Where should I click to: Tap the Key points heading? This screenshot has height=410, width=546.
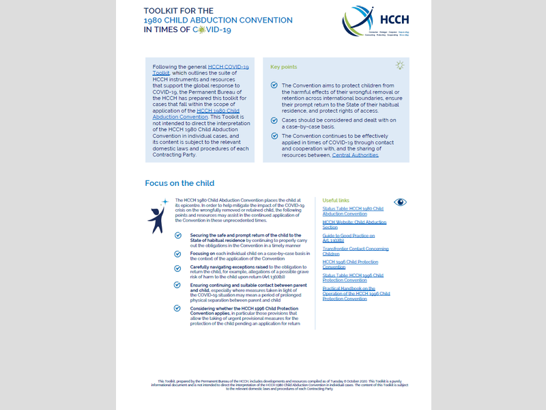[x=284, y=67]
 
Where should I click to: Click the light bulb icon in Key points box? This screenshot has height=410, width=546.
[x=400, y=66]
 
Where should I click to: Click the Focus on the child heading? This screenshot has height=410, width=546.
[x=179, y=183]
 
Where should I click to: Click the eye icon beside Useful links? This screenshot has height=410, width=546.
[x=400, y=202]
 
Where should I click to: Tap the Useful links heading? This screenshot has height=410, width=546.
[x=335, y=200]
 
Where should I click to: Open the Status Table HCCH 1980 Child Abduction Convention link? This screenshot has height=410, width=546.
[x=353, y=210]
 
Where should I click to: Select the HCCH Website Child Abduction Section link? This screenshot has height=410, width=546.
[x=354, y=225]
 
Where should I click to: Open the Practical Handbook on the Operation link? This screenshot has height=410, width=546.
[x=356, y=293]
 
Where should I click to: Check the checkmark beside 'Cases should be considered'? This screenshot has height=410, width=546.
[x=274, y=120]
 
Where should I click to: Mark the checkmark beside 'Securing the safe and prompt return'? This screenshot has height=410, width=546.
[x=178, y=235]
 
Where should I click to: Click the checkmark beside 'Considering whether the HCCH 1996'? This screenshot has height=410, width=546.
[x=178, y=308]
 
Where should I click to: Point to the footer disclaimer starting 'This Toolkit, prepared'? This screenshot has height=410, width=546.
[x=272, y=384]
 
